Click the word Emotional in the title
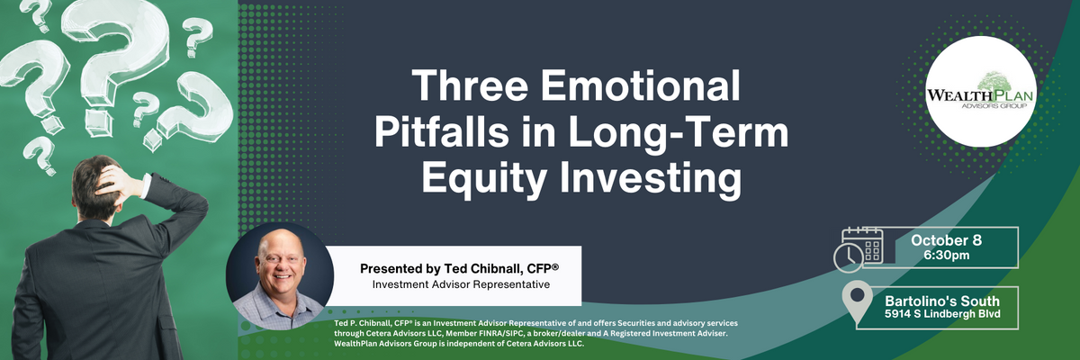click(640, 85)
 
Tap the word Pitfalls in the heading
click(442, 132)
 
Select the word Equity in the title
click(484, 180)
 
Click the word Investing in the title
click(651, 180)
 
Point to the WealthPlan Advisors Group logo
click(980, 92)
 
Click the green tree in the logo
click(995, 82)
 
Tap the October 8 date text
click(946, 240)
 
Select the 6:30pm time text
click(947, 255)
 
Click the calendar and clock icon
click(859, 249)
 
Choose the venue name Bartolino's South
click(942, 301)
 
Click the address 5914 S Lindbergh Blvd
click(942, 314)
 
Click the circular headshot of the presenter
click(280, 275)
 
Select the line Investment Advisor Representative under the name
click(461, 284)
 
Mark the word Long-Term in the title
click(679, 133)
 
